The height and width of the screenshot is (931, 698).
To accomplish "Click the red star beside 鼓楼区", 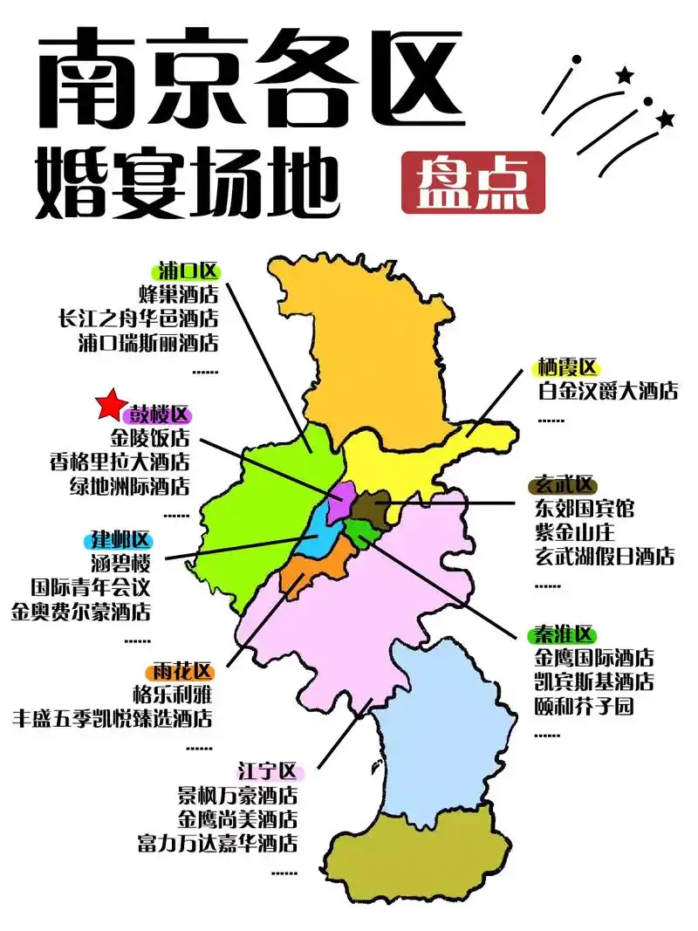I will pos(110,405).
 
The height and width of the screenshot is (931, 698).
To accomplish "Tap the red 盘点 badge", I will pos(473,182).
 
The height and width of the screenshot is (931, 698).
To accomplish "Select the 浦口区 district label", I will pos(189,270).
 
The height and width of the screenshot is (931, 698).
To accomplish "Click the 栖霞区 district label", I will pos(568,368).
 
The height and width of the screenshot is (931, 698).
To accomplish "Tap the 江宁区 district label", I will pos(270,771).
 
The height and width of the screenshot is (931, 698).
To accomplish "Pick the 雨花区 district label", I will pos(180,672).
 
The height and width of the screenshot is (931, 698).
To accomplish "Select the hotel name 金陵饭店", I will pos(149,438).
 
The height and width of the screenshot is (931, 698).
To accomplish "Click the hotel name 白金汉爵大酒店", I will pos(607,391).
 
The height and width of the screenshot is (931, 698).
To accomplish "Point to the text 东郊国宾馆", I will pos(585,509).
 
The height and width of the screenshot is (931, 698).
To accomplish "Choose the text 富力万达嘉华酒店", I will pos(217,843).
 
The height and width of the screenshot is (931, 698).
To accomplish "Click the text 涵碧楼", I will pos(121,563).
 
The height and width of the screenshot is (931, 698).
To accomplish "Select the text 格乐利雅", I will pos(173,695).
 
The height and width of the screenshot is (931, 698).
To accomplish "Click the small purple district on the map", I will pos(341,501).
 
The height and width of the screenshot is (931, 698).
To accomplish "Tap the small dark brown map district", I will pos(373,508).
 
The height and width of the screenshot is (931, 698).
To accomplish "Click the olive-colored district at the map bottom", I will pos(419,855).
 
